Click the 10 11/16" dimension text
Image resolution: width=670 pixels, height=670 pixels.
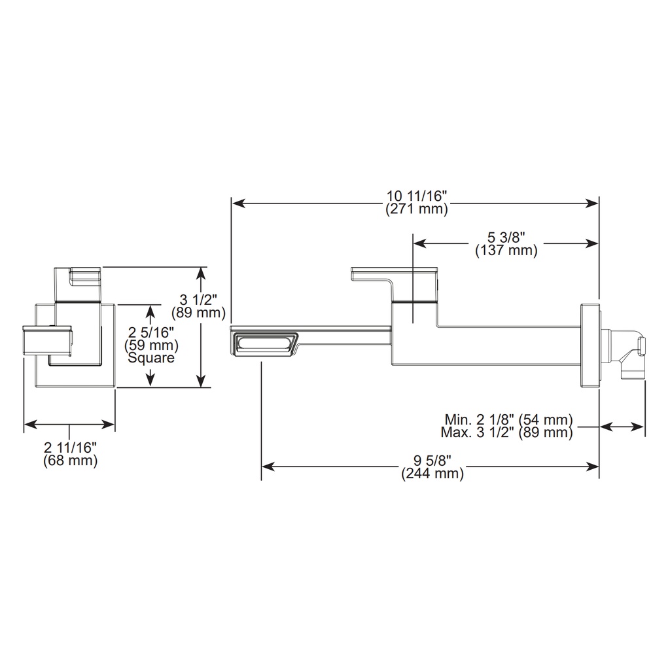(x=417, y=196)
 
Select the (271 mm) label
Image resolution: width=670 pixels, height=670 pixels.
(x=417, y=209)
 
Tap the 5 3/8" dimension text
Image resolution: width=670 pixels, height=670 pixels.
(x=506, y=237)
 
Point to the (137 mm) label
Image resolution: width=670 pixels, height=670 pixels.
(x=506, y=251)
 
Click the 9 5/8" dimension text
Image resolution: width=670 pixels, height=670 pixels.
(x=432, y=460)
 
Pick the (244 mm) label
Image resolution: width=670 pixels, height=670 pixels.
(x=432, y=474)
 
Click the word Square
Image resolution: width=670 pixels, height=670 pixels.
(x=151, y=358)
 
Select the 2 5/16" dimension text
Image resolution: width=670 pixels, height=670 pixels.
(x=151, y=332)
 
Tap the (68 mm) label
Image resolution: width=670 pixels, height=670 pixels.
(x=71, y=461)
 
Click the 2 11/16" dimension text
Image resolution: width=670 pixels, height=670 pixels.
(x=71, y=448)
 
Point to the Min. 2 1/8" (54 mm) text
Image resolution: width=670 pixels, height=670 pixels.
(x=508, y=419)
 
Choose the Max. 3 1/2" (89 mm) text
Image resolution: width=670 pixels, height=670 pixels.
(x=507, y=432)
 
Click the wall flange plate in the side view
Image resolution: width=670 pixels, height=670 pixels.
(x=590, y=346)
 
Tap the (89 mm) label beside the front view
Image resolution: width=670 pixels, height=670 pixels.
(x=198, y=313)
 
